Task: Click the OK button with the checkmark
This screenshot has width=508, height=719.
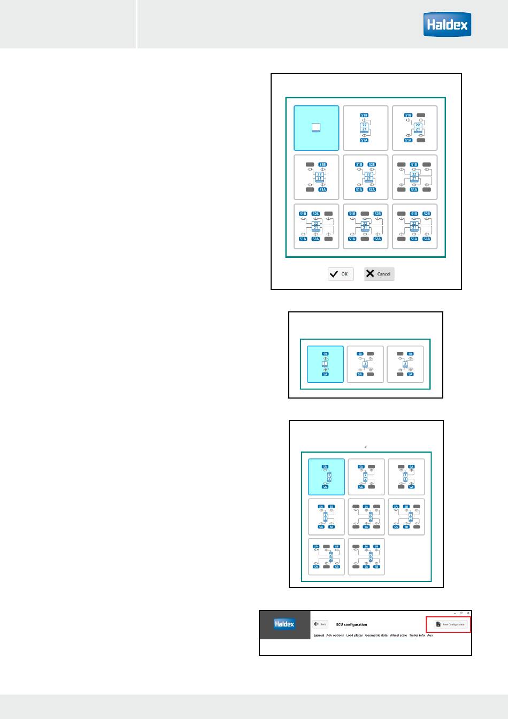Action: tap(341, 274)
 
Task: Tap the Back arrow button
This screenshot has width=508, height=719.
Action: tap(320, 624)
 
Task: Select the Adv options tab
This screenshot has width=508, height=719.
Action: tap(335, 636)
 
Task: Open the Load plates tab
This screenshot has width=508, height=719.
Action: tap(355, 636)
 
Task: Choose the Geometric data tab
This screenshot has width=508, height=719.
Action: tap(376, 636)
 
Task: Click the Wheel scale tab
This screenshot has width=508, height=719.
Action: tap(398, 636)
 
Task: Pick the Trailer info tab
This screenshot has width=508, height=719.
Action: tap(417, 636)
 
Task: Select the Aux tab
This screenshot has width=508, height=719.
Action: tap(430, 636)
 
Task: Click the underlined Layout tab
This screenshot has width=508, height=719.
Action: tap(319, 636)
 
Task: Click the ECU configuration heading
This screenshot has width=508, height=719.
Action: tap(351, 624)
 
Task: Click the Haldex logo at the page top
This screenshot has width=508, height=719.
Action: tap(447, 25)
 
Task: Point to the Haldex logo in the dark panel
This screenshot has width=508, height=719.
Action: tap(284, 624)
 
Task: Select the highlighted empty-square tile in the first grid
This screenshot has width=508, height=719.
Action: tap(316, 128)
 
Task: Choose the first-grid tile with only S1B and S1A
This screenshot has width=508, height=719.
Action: tap(365, 128)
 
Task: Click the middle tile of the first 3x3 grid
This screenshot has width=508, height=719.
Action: tap(365, 177)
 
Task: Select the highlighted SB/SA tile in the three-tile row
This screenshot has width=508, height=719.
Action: tap(325, 364)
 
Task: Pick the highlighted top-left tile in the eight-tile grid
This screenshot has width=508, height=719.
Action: tap(326, 477)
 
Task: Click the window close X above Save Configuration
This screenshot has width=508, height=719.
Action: tap(468, 613)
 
